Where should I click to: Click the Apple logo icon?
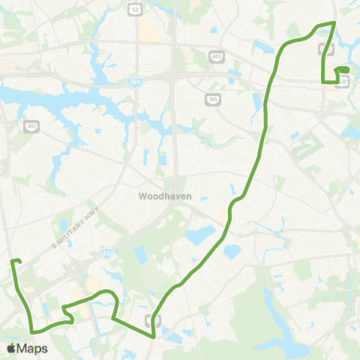pos(10,348)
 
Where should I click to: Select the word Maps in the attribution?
pos(32,348)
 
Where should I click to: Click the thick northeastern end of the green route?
pos(343,70)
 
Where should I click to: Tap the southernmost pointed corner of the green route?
pos(154,337)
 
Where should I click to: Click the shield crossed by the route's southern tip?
pos(158,320)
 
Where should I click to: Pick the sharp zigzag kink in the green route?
pos(70,319)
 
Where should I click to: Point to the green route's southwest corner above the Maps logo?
pos(32,330)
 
